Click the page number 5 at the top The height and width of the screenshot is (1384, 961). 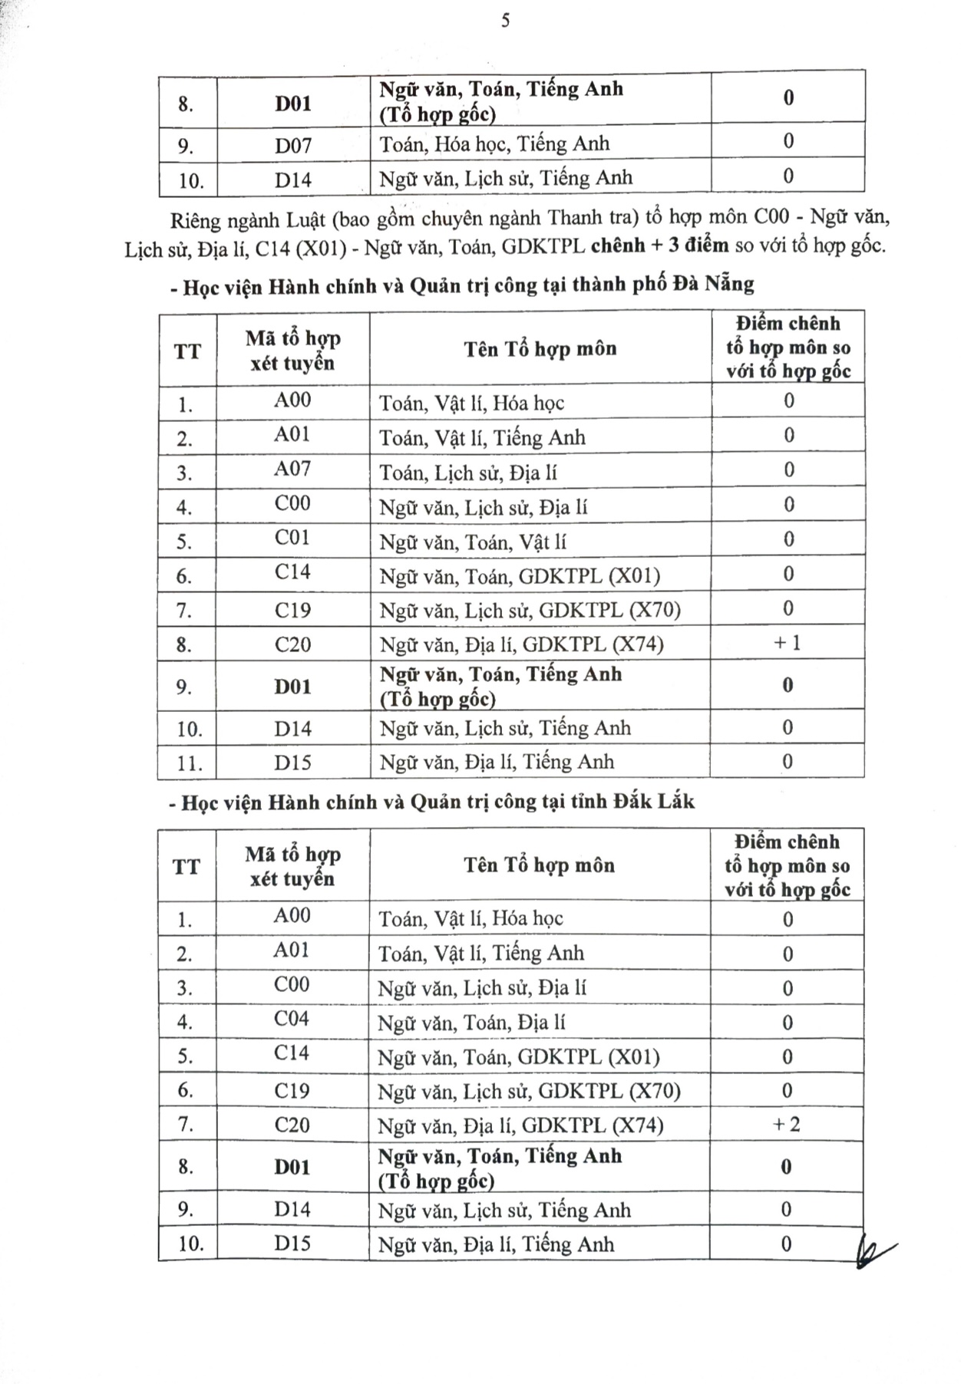pyautogui.click(x=505, y=21)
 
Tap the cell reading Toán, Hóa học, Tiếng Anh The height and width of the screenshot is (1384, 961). pyautogui.click(x=494, y=143)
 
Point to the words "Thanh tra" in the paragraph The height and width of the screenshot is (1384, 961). pyautogui.click(x=593, y=218)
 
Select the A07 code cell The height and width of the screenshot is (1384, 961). pyautogui.click(x=292, y=469)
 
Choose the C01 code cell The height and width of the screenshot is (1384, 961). pyautogui.click(x=292, y=538)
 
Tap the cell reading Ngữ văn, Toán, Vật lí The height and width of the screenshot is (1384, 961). pyautogui.click(x=473, y=542)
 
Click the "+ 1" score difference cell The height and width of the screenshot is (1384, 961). pyautogui.click(x=788, y=643)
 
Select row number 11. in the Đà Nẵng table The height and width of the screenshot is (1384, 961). pyautogui.click(x=189, y=763)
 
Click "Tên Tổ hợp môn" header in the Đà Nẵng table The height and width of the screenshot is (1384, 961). pyautogui.click(x=540, y=349)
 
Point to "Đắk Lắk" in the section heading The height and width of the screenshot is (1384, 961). pyautogui.click(x=653, y=802)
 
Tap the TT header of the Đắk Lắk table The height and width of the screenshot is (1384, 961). pyautogui.click(x=187, y=867)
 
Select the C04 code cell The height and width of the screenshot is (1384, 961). pyautogui.click(x=292, y=1019)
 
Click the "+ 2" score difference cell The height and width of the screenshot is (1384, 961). pyautogui.click(x=787, y=1125)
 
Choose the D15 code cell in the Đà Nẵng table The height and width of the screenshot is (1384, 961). pyautogui.click(x=292, y=762)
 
